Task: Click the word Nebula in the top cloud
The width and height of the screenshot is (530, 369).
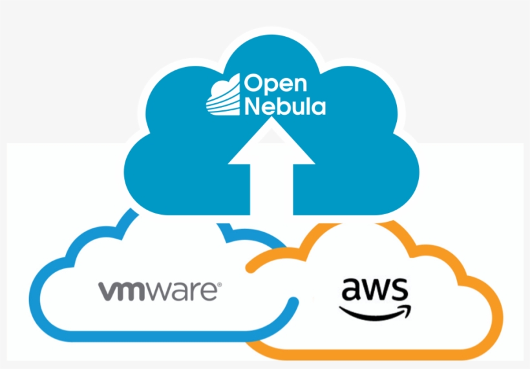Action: click(284, 106)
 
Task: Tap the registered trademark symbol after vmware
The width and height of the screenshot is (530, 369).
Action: click(219, 284)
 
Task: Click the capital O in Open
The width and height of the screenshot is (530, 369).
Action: click(252, 84)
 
